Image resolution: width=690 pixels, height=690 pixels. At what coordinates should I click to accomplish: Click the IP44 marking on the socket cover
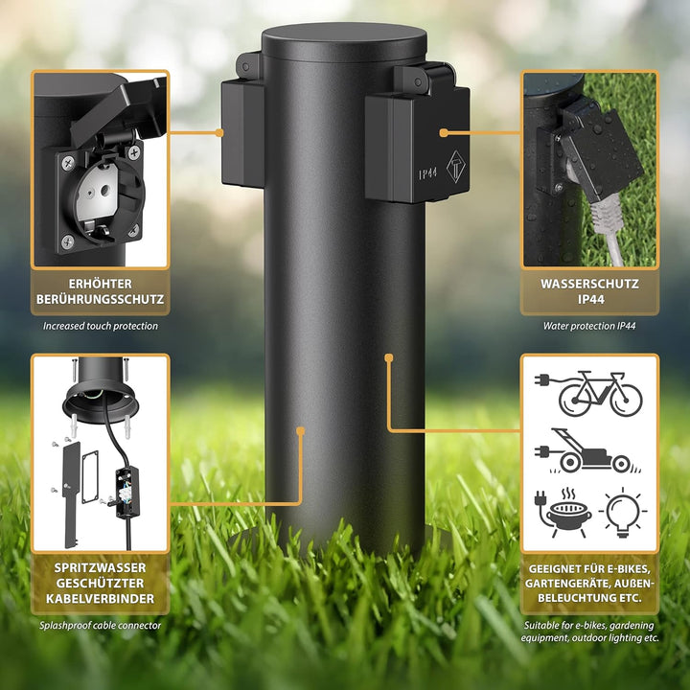click(x=427, y=173)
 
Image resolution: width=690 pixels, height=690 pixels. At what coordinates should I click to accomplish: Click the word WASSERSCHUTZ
click(x=589, y=284)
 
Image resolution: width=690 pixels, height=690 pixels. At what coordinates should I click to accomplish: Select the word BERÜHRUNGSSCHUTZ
click(x=101, y=300)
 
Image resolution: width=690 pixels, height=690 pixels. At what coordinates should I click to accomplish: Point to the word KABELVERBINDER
click(x=101, y=599)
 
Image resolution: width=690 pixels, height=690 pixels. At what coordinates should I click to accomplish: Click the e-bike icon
click(x=588, y=394)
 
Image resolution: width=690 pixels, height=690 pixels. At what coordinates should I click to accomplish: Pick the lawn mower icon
click(x=588, y=451)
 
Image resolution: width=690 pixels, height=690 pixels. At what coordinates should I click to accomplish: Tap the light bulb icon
click(x=623, y=513)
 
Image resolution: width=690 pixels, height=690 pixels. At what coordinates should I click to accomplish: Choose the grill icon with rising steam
click(x=563, y=513)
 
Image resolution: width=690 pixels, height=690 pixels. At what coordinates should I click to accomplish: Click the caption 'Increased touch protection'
click(x=101, y=326)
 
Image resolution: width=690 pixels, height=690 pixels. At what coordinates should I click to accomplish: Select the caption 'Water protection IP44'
click(x=589, y=326)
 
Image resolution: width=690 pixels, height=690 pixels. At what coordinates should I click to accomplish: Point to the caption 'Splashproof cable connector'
click(x=101, y=625)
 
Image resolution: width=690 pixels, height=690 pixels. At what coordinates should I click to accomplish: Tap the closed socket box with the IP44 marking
click(x=417, y=141)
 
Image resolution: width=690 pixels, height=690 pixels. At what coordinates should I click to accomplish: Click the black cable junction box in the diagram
click(x=127, y=493)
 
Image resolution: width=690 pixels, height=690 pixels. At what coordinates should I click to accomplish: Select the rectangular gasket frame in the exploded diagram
click(x=90, y=476)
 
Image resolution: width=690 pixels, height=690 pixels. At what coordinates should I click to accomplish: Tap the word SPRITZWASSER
click(x=101, y=568)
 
